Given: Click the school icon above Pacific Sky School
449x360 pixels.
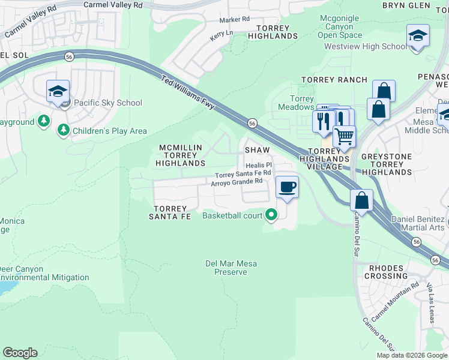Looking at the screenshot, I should pyautogui.click(x=58, y=92).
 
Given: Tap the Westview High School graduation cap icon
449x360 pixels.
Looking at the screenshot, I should pyautogui.click(x=417, y=35).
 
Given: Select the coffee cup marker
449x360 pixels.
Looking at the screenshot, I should pyautogui.click(x=287, y=187).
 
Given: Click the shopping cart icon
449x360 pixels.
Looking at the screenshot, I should pyautogui.click(x=344, y=136).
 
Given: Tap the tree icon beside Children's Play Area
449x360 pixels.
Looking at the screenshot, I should pyautogui.click(x=63, y=130).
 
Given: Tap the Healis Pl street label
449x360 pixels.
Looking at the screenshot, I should pyautogui.click(x=259, y=164).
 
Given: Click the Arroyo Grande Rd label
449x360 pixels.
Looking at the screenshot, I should pyautogui.click(x=237, y=181).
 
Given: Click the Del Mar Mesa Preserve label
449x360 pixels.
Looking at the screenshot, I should pyautogui.click(x=226, y=268).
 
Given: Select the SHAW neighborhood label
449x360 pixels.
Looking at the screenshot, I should pyautogui.click(x=256, y=149).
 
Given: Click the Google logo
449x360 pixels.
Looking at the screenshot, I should pyautogui.click(x=20, y=353).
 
